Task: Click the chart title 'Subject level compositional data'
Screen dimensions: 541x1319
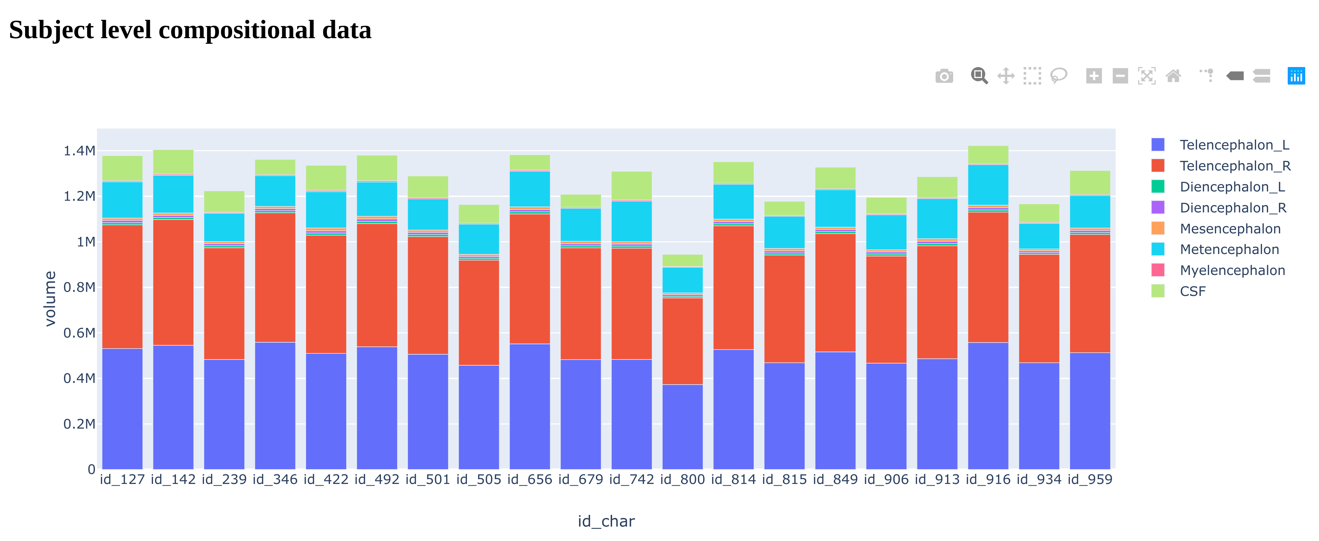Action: (190, 30)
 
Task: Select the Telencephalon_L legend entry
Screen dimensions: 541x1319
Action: (1234, 145)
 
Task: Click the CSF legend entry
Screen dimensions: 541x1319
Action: (1192, 291)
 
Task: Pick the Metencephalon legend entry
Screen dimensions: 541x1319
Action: (1229, 249)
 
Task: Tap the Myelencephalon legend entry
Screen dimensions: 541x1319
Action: (1232, 270)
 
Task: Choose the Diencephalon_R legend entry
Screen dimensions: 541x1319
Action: (1232, 208)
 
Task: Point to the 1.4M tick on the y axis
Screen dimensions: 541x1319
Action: (79, 151)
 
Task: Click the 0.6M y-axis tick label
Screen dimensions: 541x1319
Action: (79, 333)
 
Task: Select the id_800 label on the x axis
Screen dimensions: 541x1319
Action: (682, 479)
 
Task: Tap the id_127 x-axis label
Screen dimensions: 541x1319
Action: (122, 479)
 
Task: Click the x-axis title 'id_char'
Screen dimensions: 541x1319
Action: (606, 521)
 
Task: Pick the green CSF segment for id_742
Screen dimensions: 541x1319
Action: (631, 185)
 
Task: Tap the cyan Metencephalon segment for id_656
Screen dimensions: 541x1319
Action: (530, 189)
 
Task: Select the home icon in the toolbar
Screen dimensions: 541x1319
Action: (1173, 76)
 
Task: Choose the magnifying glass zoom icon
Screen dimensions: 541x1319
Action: (979, 76)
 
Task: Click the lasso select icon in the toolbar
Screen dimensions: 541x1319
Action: (1058, 76)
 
